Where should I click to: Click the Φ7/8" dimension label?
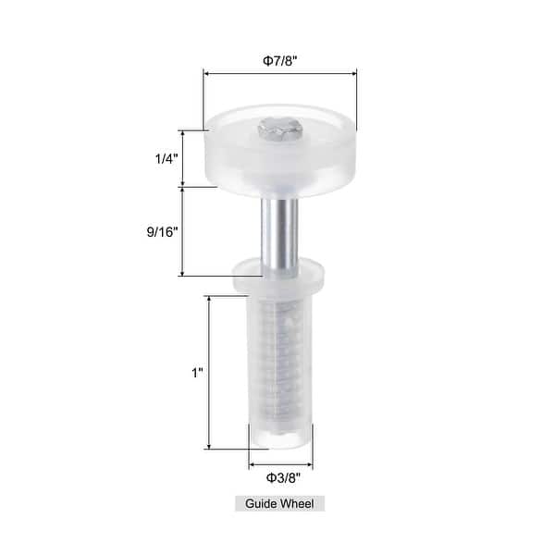(280, 60)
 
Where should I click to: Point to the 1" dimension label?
(196, 373)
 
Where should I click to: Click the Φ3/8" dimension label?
(281, 477)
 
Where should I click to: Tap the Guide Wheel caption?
(278, 504)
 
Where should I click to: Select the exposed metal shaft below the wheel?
(280, 227)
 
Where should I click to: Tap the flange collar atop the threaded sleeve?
(280, 275)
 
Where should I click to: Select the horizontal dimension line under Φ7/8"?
(280, 75)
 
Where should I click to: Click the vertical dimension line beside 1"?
(213, 373)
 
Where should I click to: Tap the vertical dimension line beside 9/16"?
(182, 231)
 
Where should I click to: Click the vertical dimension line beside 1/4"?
(182, 158)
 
